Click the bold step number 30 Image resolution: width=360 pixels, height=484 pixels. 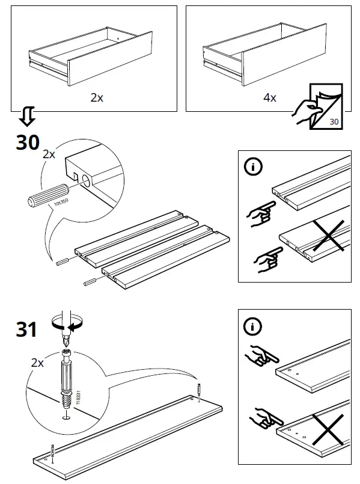[x=28, y=142]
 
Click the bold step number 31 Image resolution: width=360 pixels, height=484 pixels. [x=26, y=329]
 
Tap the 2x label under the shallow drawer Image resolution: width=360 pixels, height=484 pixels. [x=97, y=97]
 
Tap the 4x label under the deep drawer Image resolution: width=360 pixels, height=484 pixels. [x=270, y=97]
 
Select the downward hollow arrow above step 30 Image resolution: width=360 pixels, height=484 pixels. [x=27, y=117]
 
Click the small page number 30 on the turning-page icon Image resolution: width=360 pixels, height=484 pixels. [x=334, y=121]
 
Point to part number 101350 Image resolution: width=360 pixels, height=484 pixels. [x=61, y=203]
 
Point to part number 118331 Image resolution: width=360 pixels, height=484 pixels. [x=78, y=397]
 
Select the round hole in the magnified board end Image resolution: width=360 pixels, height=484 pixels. [x=87, y=181]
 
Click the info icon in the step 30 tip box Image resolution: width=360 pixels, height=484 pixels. [x=253, y=167]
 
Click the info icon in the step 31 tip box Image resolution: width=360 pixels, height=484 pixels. [x=252, y=326]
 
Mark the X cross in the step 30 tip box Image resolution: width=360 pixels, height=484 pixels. [x=329, y=236]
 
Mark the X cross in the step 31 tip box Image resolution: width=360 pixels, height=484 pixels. [x=328, y=430]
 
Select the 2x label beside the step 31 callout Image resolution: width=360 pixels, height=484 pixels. [x=37, y=363]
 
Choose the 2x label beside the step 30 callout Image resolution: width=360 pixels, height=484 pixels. [x=49, y=154]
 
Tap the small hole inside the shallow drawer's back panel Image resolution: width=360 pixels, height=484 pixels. [x=118, y=39]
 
